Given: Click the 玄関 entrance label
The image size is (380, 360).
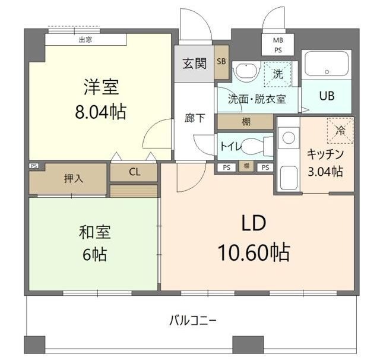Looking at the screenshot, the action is [x=194, y=64].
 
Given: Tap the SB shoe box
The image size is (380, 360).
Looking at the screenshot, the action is [x=221, y=62].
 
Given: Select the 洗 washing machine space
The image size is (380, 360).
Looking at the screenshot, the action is [x=278, y=74].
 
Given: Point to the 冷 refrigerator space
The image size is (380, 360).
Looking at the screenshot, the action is [x=340, y=131].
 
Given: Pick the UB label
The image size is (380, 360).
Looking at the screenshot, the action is [x=327, y=96].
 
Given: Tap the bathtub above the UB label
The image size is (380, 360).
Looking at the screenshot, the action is [x=327, y=64].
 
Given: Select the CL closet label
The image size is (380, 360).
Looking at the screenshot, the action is [x=135, y=172].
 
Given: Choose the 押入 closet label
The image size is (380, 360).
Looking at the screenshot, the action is [x=74, y=179].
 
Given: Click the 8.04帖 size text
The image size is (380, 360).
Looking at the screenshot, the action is [x=100, y=112].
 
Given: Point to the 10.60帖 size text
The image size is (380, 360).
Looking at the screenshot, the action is [x=254, y=252].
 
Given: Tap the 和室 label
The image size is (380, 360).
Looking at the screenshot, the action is [x=95, y=232].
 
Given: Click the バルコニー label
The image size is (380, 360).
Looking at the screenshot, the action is [x=192, y=321].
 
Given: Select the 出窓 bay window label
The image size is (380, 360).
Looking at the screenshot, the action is [x=85, y=40].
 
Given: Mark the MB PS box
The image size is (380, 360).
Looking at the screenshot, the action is [x=278, y=45].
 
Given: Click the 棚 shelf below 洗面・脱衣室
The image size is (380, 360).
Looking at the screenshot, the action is [x=246, y=122].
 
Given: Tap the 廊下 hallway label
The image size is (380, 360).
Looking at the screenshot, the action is [x=195, y=118].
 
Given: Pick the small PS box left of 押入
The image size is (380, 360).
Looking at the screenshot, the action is [x=34, y=166].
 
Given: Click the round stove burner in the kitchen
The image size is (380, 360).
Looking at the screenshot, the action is [x=289, y=138].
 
